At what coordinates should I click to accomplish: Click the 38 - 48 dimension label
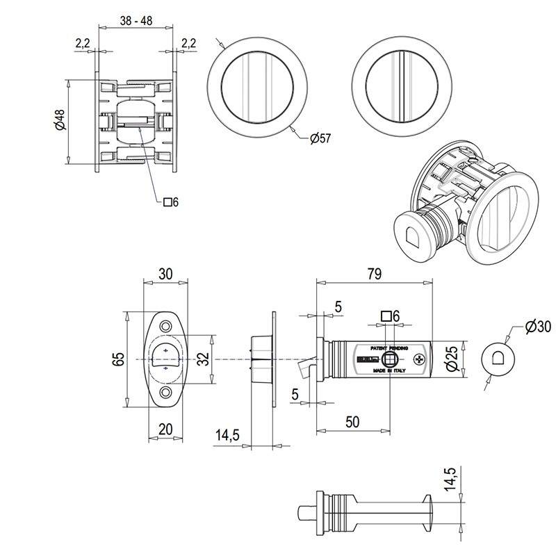click(x=136, y=21)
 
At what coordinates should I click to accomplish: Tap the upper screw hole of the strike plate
click(x=166, y=326)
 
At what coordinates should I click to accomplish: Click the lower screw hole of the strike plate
click(x=166, y=393)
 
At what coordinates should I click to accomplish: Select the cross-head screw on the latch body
click(x=419, y=359)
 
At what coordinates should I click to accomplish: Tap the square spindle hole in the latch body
click(x=389, y=359)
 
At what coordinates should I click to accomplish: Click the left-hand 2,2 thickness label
click(x=82, y=43)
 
